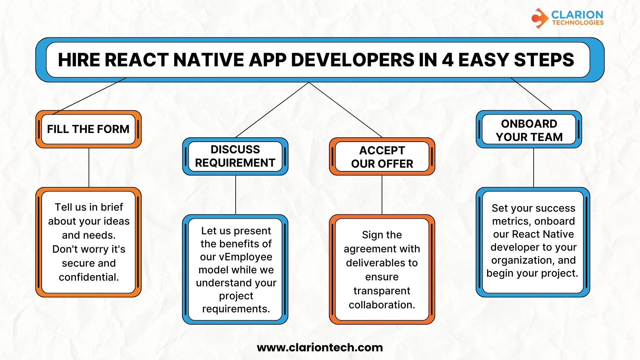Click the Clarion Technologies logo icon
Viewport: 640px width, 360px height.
[x=539, y=18]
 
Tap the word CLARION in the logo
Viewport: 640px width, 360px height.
[x=577, y=15]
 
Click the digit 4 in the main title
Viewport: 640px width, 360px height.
[x=447, y=60]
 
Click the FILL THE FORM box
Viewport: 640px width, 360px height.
[x=88, y=129]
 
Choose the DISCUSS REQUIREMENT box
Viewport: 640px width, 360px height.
[x=235, y=156]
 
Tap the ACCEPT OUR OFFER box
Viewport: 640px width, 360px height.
[x=382, y=157]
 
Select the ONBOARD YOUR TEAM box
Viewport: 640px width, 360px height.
[x=529, y=130]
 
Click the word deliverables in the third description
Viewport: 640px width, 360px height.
[x=382, y=263]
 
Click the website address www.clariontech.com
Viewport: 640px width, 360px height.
[x=320, y=348]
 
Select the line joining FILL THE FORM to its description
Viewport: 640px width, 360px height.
[x=89, y=168]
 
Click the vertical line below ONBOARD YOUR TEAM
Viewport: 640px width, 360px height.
[x=533, y=168]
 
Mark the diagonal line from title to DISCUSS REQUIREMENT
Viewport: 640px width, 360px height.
[x=272, y=110]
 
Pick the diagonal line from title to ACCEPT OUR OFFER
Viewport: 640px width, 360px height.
[x=346, y=110]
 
